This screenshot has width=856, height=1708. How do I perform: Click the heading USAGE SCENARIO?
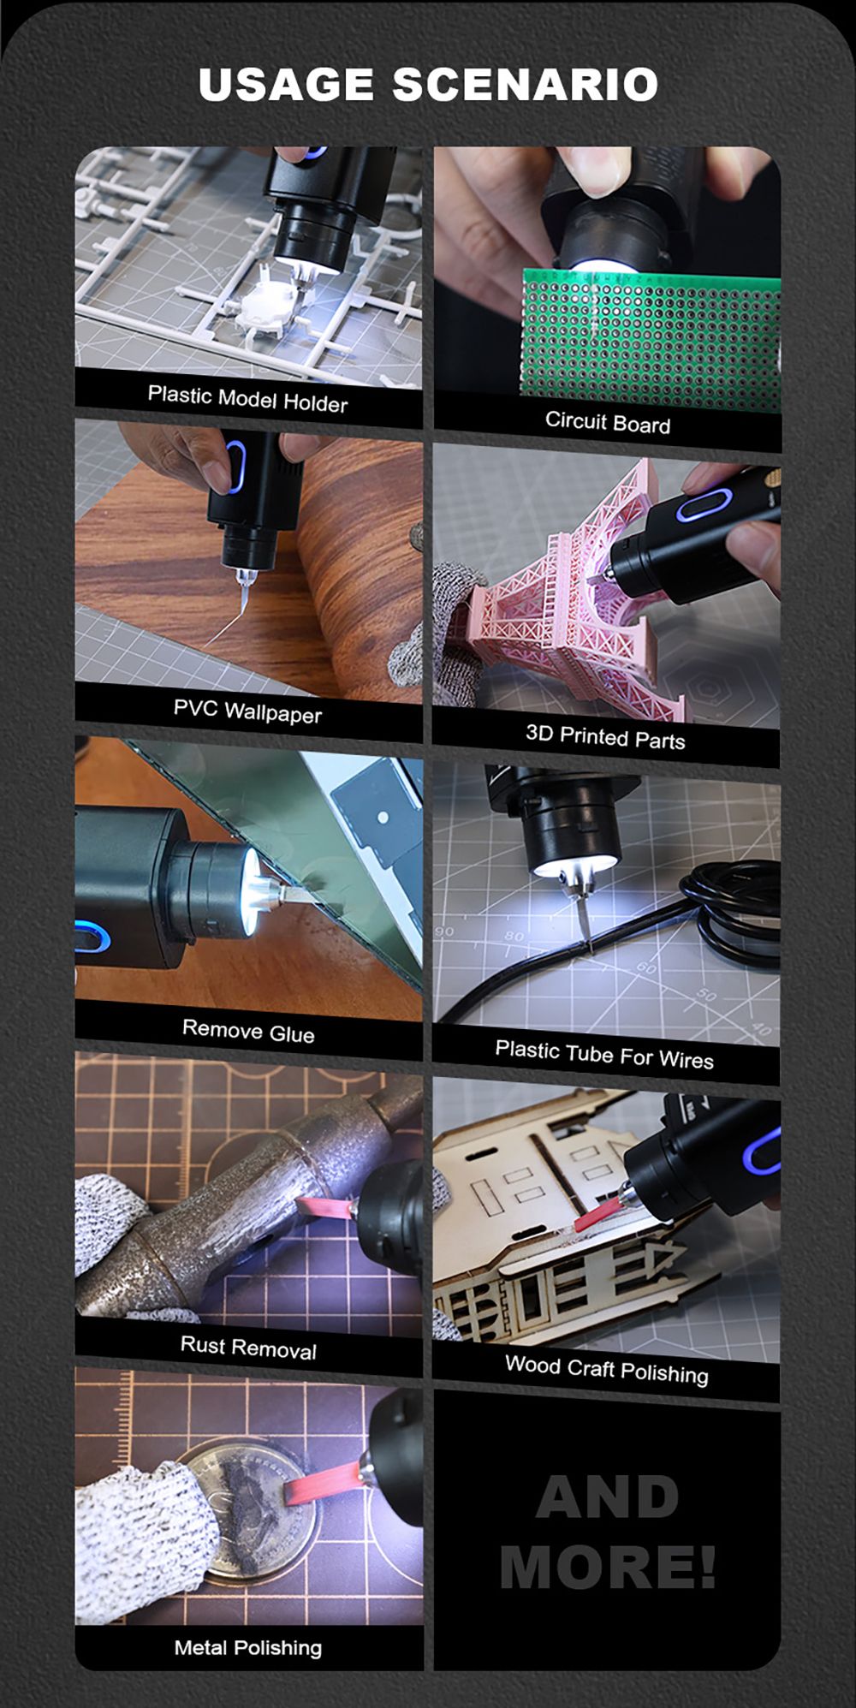click(428, 84)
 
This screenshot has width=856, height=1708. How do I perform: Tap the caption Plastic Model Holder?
click(247, 399)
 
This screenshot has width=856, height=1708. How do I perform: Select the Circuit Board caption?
click(608, 421)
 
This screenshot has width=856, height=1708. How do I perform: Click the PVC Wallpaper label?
click(247, 711)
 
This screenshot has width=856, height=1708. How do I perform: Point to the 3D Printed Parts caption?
click(605, 736)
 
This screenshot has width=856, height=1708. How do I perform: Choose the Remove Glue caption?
click(248, 1031)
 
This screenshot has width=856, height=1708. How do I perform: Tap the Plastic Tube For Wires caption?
click(604, 1054)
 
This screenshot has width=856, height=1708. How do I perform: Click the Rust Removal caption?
click(248, 1347)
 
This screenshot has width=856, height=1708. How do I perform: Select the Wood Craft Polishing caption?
click(607, 1369)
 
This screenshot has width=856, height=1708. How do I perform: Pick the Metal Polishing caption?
click(248, 1647)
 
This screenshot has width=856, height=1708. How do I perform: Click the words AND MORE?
click(608, 1532)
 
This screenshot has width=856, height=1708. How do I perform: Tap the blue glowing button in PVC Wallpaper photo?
click(236, 467)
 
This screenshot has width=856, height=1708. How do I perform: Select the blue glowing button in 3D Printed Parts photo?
click(702, 506)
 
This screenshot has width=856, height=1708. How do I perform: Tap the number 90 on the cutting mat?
click(444, 931)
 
